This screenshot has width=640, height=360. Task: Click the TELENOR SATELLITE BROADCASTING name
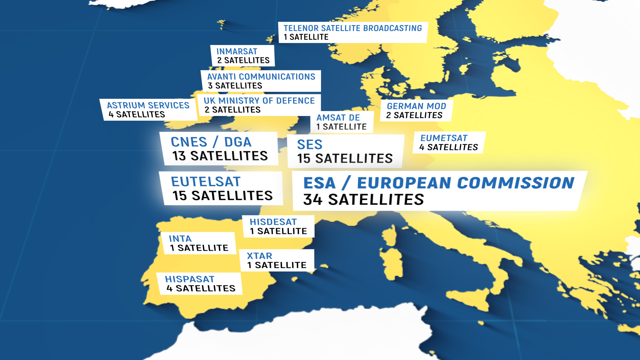353,28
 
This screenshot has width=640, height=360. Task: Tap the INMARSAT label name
237,52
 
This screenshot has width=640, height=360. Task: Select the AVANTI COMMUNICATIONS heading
261,77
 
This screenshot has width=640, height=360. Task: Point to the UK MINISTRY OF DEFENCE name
259,101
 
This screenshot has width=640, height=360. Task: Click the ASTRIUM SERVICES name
148,105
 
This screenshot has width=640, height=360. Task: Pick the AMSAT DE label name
338,118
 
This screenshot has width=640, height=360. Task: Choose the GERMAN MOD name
416,106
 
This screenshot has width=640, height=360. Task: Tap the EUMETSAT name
444,138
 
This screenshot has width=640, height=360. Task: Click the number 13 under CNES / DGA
179,156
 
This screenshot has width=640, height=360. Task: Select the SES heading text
310,145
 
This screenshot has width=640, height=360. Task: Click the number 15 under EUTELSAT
179,196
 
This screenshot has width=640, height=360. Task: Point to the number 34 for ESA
313,200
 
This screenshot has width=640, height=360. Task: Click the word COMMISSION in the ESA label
516,183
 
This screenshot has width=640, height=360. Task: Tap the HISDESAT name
273,222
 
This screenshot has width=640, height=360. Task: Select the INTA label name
180,239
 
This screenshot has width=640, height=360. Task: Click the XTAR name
259,256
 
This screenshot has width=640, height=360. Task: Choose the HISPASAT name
189,279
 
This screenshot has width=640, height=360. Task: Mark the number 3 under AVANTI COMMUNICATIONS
210,86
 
